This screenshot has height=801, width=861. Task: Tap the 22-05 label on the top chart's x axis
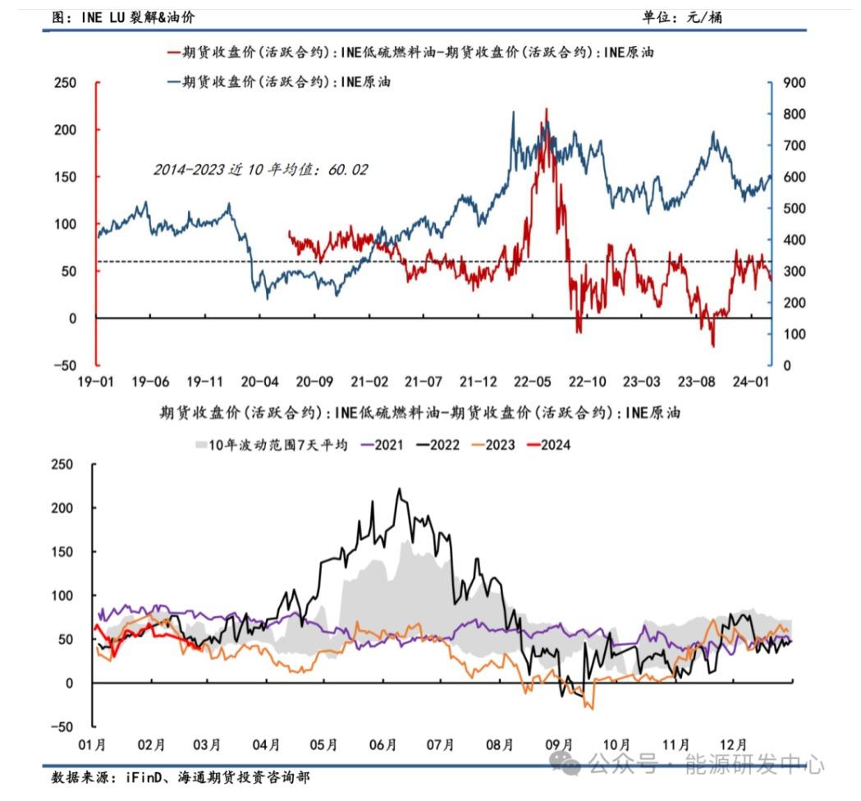(532, 382)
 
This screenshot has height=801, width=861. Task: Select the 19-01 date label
(95, 382)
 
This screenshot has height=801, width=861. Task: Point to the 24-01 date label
(750, 382)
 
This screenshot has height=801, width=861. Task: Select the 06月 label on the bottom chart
(384, 745)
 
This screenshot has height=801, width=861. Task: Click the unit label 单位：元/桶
(683, 16)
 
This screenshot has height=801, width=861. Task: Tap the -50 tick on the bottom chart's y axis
(64, 727)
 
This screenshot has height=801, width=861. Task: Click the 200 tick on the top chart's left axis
(65, 130)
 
